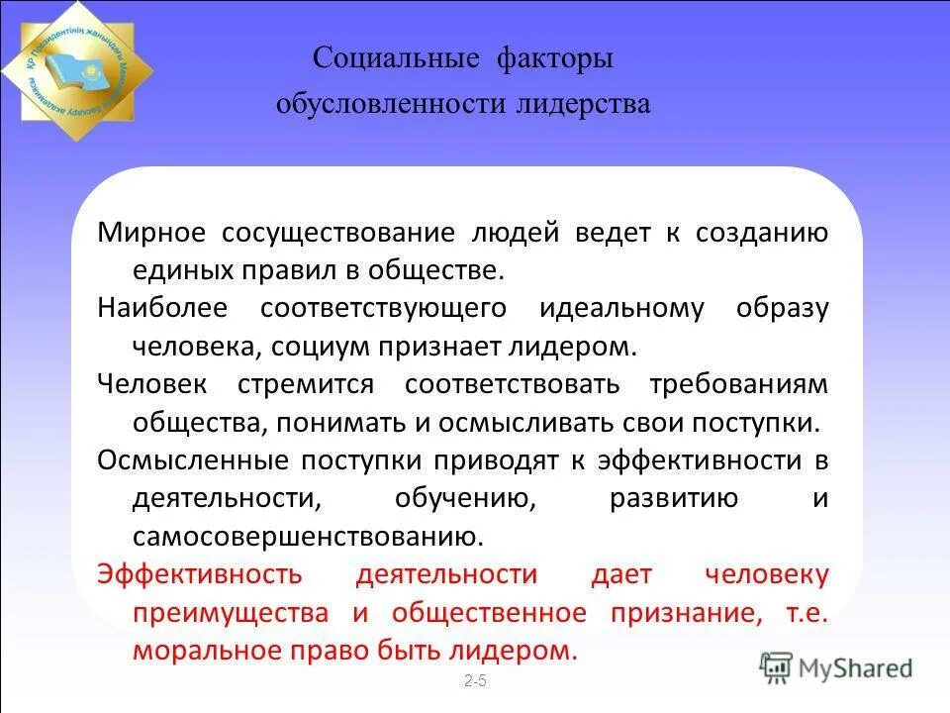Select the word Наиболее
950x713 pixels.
(x=162, y=308)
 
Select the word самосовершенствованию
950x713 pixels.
(x=308, y=537)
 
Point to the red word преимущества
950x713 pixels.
(x=231, y=613)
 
